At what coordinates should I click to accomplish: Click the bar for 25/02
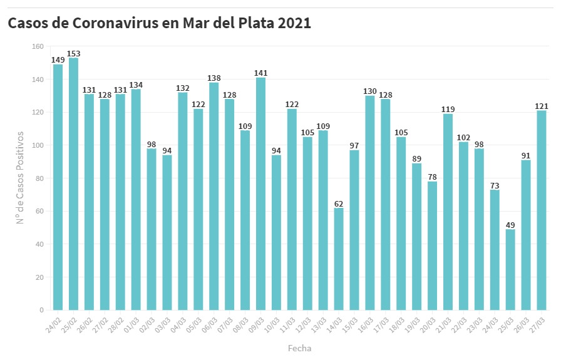pos(73,184)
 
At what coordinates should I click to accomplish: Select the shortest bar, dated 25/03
pos(510,270)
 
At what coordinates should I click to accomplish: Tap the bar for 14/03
pos(339,259)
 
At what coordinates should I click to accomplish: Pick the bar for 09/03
pos(260,194)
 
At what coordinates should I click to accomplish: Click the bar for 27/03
pos(542,210)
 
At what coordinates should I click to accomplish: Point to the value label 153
pos(73,54)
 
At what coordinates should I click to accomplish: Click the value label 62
pos(339,203)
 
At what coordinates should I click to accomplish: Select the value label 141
pos(260,73)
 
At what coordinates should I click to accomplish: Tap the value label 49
pos(510,225)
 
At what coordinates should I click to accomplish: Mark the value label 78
pos(432,177)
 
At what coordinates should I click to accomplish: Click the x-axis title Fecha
pos(299,348)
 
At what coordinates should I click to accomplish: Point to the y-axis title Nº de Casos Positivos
pos(21,178)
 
